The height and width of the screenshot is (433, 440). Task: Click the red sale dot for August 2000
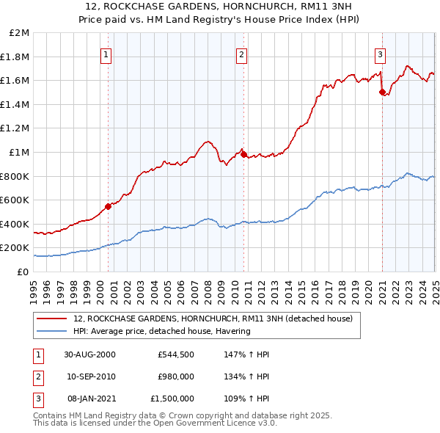(109, 206)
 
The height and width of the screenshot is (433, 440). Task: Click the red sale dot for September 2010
(243, 154)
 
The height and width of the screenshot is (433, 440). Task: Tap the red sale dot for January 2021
(382, 92)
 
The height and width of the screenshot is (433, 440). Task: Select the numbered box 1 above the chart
(106, 54)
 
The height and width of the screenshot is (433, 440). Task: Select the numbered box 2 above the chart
(241, 54)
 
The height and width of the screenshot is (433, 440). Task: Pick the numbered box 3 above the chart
(381, 54)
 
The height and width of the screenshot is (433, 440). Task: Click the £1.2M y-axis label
(16, 128)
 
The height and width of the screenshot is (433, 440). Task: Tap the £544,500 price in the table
(175, 354)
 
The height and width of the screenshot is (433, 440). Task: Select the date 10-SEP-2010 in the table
(89, 376)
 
